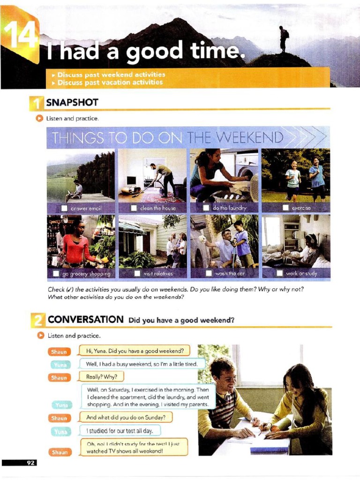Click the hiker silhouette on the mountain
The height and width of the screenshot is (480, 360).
click(x=283, y=38)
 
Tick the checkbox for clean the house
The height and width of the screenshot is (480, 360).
click(x=134, y=207)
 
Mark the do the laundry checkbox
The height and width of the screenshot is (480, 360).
click(x=206, y=207)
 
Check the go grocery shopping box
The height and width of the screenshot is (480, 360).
click(x=56, y=273)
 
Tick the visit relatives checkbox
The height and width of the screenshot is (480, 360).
click(x=137, y=273)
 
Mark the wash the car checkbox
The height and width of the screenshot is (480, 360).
click(x=209, y=273)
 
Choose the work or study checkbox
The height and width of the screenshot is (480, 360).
click(x=279, y=273)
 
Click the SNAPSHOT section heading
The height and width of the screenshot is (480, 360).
click(x=72, y=102)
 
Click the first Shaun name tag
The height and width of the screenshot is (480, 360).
click(x=59, y=352)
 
